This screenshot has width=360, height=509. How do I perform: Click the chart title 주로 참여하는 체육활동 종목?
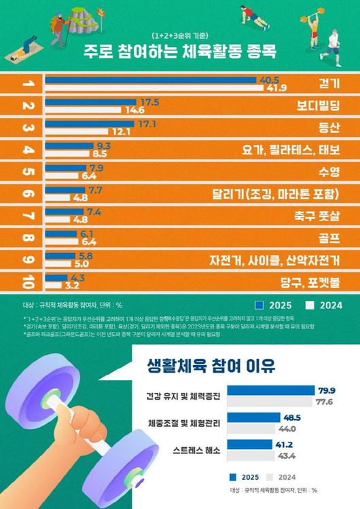tap(180, 51)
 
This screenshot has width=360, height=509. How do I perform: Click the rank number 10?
tap(28, 281)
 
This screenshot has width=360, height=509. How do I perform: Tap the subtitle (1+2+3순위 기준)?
tap(180, 35)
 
